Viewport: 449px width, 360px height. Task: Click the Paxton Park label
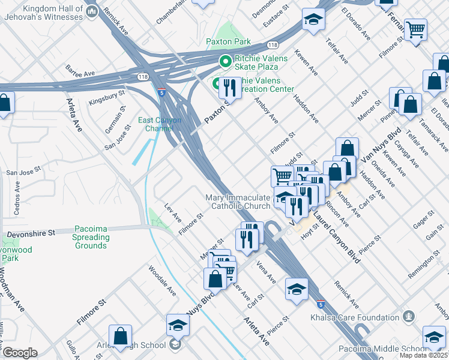(228, 43)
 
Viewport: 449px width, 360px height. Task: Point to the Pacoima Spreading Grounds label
(91, 237)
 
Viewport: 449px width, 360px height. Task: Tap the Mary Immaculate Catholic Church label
(238, 202)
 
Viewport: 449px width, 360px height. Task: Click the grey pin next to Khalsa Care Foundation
(409, 315)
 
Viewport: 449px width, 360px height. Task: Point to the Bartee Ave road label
(81, 74)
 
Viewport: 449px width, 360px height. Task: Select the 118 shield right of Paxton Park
(273, 45)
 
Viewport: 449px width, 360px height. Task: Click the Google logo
(20, 353)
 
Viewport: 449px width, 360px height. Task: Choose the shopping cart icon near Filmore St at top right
(415, 29)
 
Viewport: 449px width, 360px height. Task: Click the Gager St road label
(424, 220)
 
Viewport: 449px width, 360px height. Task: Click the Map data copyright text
(424, 355)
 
